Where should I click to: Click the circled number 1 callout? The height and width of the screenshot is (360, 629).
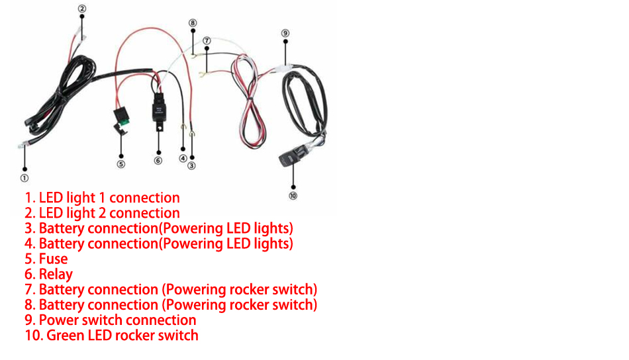click(x=24, y=177)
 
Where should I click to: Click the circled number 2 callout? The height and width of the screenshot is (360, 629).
click(x=81, y=9)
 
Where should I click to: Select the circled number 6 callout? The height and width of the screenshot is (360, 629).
click(x=158, y=160)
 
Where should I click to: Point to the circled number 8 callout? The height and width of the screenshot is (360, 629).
click(x=193, y=22)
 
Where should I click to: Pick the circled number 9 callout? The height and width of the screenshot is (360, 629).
click(x=285, y=32)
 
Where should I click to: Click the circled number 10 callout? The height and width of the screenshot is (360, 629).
click(x=293, y=195)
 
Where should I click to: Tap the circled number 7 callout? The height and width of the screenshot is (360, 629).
click(x=207, y=40)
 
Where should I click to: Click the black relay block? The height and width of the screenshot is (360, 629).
click(x=159, y=105)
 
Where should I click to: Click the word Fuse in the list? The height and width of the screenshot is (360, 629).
click(x=53, y=259)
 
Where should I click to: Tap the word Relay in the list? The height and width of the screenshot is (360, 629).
click(x=56, y=274)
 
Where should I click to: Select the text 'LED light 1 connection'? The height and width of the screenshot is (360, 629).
click(x=109, y=198)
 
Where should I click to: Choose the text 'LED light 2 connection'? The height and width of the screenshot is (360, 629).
click(x=109, y=213)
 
